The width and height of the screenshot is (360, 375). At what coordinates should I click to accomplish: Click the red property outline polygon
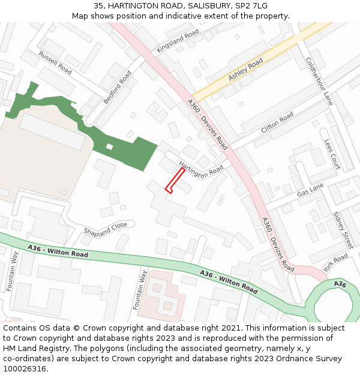click(x=175, y=181)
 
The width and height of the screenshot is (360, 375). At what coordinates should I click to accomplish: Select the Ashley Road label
click(x=245, y=70)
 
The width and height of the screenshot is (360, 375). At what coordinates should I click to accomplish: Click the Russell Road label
click(x=55, y=63)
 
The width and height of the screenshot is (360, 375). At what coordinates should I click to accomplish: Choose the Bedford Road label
click(x=117, y=87)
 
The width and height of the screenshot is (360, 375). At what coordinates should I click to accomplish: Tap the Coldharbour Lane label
click(x=319, y=82)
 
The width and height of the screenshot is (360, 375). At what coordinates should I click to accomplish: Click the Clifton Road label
click(x=277, y=122)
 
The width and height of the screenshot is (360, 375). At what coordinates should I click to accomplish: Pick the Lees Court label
click(x=332, y=154)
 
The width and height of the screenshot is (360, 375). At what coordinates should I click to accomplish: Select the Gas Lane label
click(x=310, y=190)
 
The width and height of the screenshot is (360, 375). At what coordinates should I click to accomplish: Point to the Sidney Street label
click(x=343, y=230)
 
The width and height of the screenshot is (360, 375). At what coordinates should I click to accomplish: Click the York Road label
click(x=335, y=263)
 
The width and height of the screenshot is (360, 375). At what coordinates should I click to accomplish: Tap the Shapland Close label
click(x=106, y=228)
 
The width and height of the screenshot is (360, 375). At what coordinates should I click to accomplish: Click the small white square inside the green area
click(x=109, y=146)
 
